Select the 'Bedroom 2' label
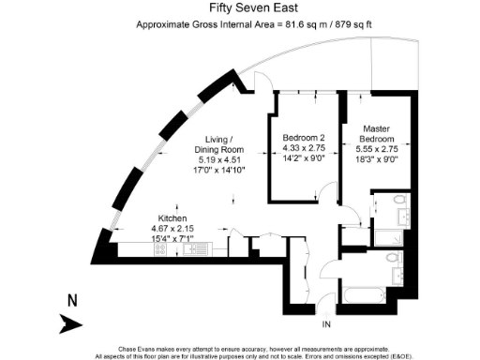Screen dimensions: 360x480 (304, 138)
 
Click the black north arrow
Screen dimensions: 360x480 (71, 323)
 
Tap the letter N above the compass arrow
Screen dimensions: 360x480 (71, 302)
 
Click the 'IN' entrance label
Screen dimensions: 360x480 (327, 324)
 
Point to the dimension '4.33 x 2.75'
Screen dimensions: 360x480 (304, 148)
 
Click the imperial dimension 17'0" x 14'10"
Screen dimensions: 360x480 (217, 171)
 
